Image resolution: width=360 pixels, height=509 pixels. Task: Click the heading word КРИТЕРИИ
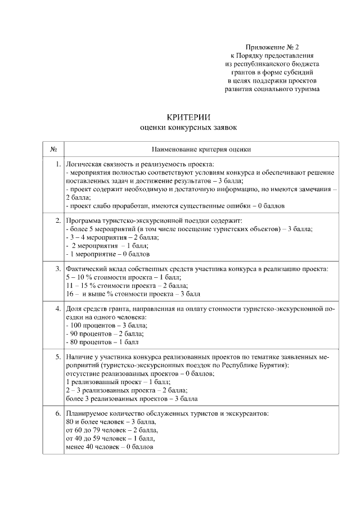coord(188,118)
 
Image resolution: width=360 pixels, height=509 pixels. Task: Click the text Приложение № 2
coord(272,47)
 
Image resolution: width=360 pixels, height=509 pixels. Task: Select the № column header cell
coord(53,149)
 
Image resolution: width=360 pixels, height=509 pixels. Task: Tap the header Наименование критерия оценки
coord(201,149)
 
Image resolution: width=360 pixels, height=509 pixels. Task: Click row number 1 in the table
coord(57,164)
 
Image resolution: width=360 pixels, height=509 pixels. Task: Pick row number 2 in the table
coord(57,220)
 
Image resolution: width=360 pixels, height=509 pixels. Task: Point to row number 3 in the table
coord(57,269)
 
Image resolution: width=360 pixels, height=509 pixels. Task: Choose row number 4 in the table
coord(57,309)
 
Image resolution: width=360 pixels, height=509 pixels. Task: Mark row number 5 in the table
coord(57,357)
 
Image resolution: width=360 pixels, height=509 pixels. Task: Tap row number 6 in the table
coord(57,413)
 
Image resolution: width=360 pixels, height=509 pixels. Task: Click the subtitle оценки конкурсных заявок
coord(188,128)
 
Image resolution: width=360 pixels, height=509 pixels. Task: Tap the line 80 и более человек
coord(111,422)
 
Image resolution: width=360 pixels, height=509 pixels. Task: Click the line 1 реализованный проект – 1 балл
coord(110,382)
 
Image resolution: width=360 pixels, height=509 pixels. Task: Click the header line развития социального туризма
coord(272,89)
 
